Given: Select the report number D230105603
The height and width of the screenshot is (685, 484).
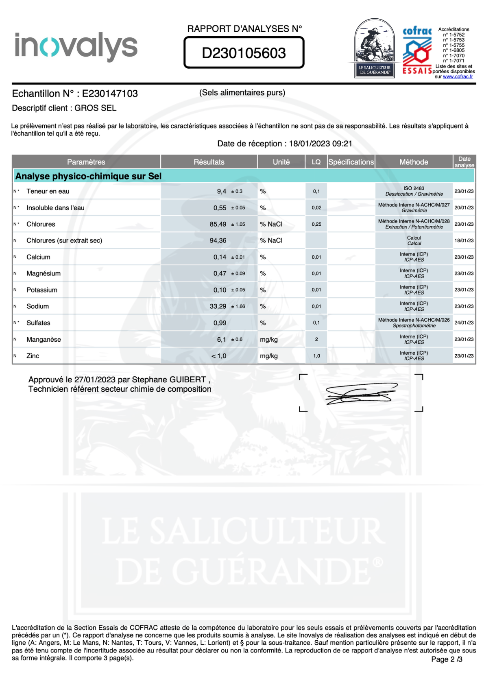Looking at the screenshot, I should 244,53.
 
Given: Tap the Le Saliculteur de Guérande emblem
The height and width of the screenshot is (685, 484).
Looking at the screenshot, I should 374,48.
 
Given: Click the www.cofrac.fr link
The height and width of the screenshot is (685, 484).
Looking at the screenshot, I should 458,76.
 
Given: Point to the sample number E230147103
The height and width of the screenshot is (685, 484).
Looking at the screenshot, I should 110,94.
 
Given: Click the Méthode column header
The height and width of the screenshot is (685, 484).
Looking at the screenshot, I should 414,162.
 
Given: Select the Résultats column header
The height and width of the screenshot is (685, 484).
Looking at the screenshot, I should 209,162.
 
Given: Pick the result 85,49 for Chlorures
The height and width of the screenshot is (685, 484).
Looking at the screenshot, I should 218,224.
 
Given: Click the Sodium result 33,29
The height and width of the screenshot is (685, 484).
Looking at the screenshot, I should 218,306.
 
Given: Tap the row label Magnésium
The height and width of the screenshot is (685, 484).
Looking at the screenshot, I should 44,273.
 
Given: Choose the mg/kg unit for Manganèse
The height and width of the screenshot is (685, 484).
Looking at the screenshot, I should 269,340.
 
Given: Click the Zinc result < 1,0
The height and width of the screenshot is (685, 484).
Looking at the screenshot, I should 219,356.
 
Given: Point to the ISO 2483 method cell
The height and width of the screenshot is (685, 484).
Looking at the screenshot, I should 414,191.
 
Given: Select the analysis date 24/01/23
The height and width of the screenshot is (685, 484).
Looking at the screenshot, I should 464,323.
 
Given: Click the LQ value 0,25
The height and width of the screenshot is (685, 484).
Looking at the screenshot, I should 316,224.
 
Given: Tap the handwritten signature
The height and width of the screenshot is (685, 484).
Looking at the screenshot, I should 360,394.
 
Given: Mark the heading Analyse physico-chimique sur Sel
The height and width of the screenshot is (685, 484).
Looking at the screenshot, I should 88,176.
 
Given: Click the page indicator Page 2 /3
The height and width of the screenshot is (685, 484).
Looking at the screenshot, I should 447,659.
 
